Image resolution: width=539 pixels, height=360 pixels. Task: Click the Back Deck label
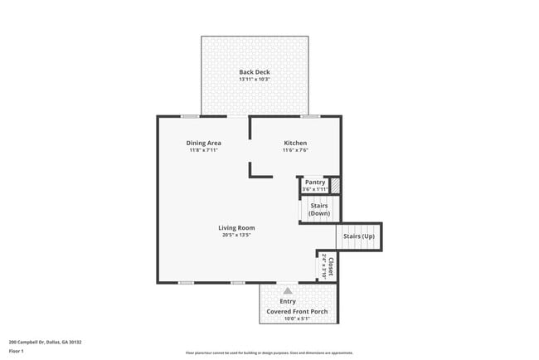click(255, 72)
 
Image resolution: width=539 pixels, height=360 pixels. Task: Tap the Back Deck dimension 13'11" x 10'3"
click(255, 80)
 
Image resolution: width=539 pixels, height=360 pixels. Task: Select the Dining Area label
click(203, 144)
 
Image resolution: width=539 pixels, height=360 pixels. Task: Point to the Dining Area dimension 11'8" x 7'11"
click(203, 151)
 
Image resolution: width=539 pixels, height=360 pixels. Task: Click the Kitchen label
click(295, 144)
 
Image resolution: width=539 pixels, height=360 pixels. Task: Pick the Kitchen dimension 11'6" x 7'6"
click(295, 151)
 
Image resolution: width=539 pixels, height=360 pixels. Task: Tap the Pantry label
click(314, 182)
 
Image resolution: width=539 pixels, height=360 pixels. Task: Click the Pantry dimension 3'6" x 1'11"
click(314, 189)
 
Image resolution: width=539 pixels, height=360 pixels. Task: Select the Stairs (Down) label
click(319, 209)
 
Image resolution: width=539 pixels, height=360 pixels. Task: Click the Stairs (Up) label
click(359, 236)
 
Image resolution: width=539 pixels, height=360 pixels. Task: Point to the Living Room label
click(236, 227)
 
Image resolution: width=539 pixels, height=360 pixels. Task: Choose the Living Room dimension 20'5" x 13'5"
click(236, 235)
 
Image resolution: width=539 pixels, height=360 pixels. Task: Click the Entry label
click(288, 301)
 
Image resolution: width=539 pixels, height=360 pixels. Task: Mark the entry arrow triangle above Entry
click(288, 291)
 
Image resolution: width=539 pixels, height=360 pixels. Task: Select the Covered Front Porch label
click(297, 312)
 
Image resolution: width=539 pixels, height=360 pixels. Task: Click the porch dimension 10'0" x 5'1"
click(297, 319)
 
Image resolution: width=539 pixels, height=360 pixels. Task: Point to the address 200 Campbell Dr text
click(45, 342)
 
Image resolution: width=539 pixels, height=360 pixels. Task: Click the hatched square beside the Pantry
click(335, 186)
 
